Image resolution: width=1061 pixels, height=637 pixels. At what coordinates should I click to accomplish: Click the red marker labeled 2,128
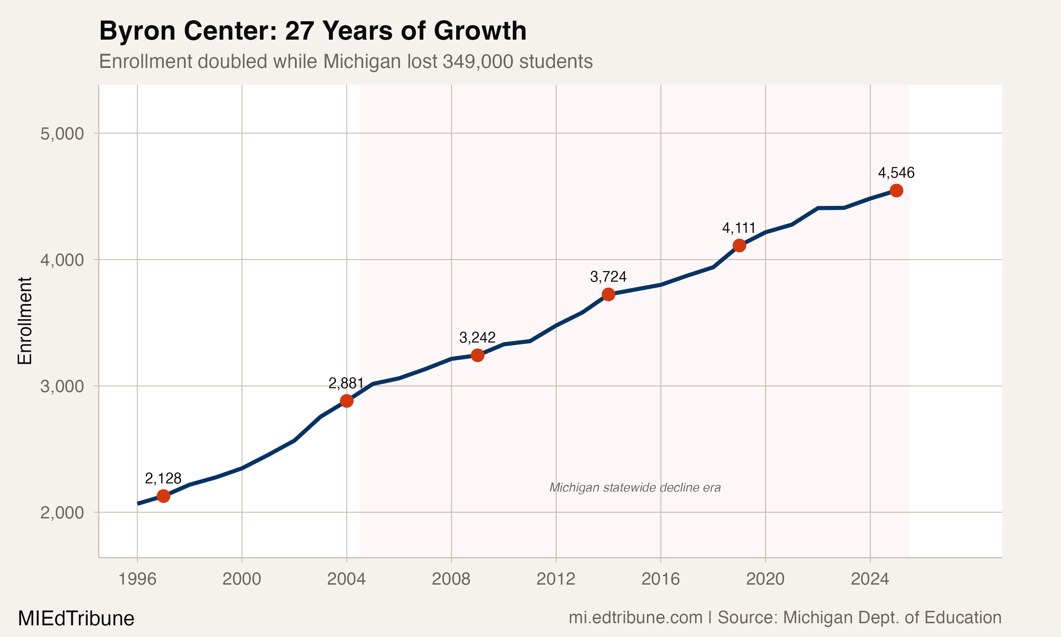pos(163,496)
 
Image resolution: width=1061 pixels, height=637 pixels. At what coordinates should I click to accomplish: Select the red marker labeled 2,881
pos(347,401)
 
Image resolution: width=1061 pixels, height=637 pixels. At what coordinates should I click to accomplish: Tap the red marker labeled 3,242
pos(477,355)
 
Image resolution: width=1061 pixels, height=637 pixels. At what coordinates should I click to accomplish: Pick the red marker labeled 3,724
pos(608,294)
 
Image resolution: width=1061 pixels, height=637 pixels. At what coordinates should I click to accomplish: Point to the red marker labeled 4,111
pos(739,246)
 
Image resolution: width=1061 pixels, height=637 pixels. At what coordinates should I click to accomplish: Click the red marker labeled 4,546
pos(896,191)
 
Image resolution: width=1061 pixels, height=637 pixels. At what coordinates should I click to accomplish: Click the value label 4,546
pos(896,173)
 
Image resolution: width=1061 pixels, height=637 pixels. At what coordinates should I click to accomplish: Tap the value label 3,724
pos(608,277)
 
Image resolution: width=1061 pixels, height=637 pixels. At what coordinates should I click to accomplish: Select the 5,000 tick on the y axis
pos(62,133)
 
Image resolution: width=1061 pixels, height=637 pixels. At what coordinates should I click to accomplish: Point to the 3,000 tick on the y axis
pos(62,386)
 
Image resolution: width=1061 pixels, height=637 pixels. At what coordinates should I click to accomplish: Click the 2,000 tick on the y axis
pos(62,512)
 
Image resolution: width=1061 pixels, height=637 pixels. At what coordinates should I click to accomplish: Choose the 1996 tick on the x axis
pos(137,579)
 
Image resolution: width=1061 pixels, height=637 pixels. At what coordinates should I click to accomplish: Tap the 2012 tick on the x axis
pos(556,579)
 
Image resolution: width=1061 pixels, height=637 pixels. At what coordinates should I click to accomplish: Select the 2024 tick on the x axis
pos(870,579)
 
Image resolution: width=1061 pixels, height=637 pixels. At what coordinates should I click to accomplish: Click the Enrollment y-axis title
pos(25,321)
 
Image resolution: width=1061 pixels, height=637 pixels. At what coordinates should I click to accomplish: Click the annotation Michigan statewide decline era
pos(635,488)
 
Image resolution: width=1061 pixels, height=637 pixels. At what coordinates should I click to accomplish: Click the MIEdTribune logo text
pos(76,619)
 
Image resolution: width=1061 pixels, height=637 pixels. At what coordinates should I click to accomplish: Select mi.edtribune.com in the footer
pos(635,618)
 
